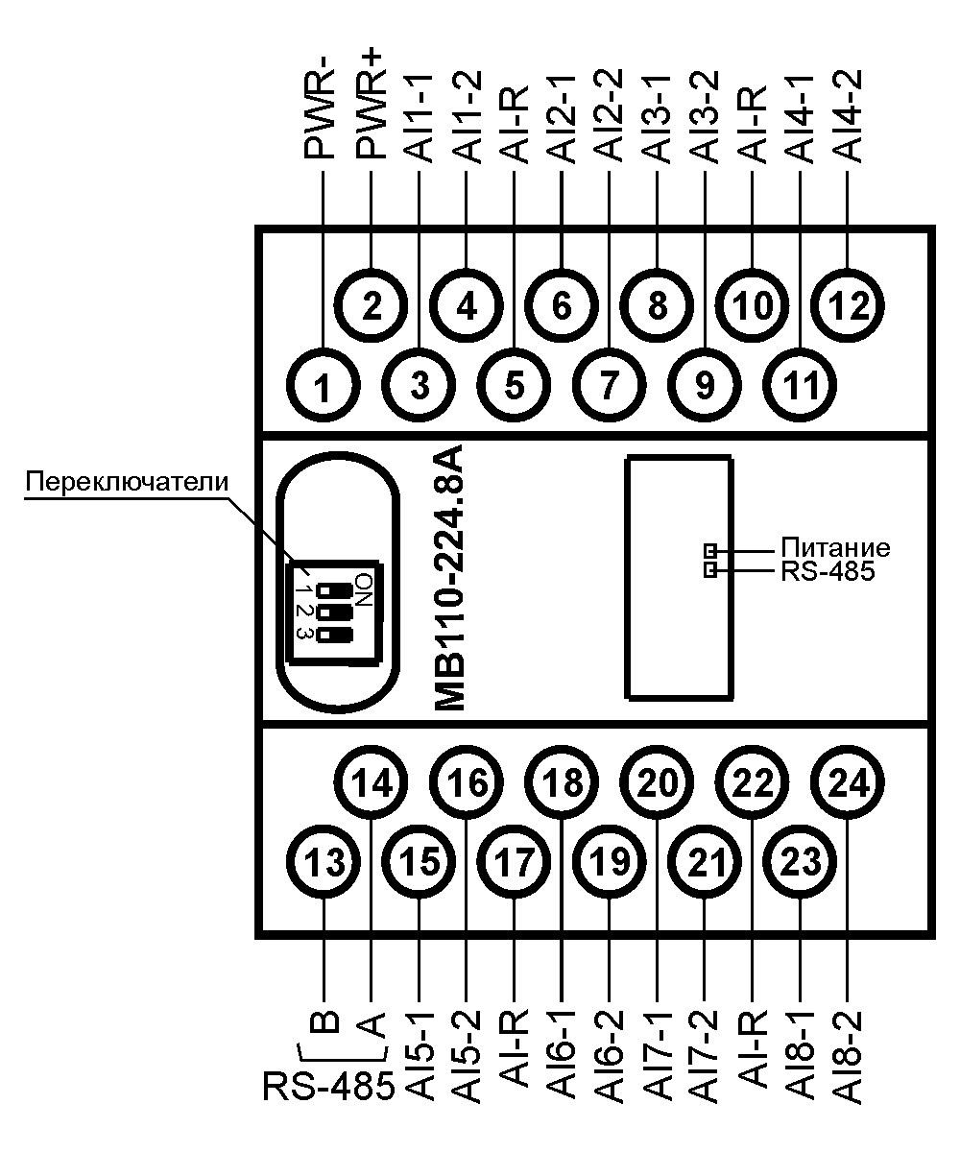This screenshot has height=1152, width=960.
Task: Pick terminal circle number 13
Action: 324,864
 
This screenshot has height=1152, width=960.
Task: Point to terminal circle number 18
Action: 562,783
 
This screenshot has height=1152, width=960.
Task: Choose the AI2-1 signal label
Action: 562,115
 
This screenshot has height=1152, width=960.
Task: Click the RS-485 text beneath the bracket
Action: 328,1088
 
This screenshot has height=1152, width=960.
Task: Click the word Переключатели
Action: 128,481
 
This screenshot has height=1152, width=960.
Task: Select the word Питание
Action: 834,548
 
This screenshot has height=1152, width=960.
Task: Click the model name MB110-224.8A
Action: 449,578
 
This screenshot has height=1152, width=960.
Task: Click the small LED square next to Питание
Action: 710,550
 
